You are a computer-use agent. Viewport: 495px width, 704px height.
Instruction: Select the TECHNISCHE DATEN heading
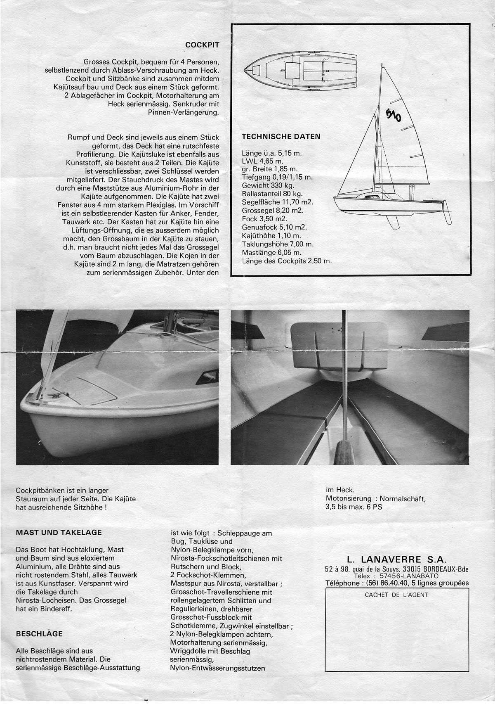280,137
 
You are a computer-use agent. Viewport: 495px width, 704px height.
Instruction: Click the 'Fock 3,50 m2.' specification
264,219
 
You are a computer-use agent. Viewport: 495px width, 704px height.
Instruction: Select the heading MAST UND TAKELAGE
58,533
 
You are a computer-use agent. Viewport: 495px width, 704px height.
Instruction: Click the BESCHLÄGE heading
39,633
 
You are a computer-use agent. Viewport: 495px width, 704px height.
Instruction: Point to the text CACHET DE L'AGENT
396,595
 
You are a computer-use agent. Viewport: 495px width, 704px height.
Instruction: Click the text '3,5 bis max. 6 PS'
354,507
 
